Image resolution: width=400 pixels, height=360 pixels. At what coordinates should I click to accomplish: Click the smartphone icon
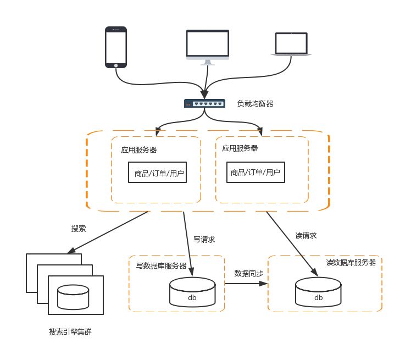pyautogui.click(x=116, y=48)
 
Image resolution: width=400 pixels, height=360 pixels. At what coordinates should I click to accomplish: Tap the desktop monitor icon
pyautogui.click(x=207, y=47)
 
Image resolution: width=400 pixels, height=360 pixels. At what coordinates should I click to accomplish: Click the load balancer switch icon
pyautogui.click(x=204, y=103)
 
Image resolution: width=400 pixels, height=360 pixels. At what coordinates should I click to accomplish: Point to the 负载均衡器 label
pyautogui.click(x=255, y=103)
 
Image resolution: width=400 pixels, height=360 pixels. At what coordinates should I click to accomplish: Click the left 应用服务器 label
pyautogui.click(x=139, y=149)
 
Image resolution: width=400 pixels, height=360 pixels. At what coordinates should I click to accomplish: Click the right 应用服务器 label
pyautogui.click(x=240, y=148)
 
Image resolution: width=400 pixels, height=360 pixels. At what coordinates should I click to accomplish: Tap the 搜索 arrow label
pyautogui.click(x=79, y=228)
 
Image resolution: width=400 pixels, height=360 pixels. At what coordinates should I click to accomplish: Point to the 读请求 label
pyautogui.click(x=306, y=236)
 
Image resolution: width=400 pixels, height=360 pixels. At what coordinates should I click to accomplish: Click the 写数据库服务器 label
pyautogui.click(x=161, y=266)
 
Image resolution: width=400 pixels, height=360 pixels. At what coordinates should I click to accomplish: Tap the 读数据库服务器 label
pyautogui.click(x=351, y=263)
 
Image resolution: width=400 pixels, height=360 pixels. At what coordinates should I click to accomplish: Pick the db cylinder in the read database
pyautogui.click(x=318, y=292)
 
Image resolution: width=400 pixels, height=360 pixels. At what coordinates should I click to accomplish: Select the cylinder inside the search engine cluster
pyautogui.click(x=73, y=297)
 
